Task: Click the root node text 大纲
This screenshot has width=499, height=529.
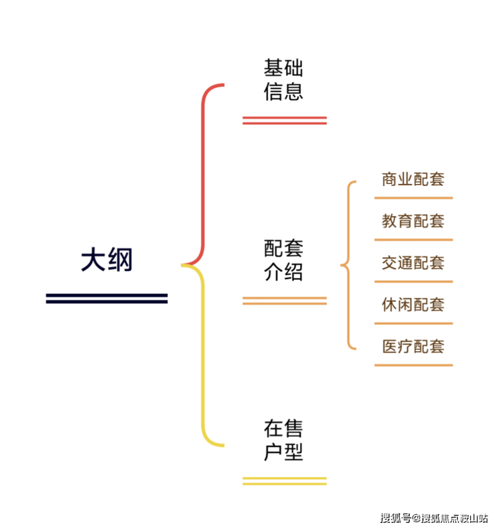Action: click(x=107, y=260)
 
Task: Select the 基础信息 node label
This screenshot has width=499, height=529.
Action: click(x=283, y=80)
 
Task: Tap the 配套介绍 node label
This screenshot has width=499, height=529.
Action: click(x=283, y=261)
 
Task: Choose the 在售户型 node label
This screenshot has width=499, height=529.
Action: click(x=283, y=440)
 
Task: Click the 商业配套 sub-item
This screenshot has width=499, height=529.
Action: click(x=413, y=180)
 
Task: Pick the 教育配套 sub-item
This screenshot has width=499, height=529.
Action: click(x=413, y=221)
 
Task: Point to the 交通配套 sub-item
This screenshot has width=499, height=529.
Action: click(x=413, y=263)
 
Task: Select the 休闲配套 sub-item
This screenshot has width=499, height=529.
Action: click(x=413, y=305)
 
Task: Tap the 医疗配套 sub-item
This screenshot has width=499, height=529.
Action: click(x=413, y=346)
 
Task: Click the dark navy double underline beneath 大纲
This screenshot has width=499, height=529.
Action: click(x=107, y=298)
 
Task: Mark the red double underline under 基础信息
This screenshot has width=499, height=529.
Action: click(x=284, y=121)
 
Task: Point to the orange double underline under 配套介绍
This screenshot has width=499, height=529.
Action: click(x=284, y=301)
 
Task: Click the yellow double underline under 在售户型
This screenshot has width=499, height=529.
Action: click(x=284, y=481)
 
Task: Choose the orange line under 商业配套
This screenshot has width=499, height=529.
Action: click(x=413, y=198)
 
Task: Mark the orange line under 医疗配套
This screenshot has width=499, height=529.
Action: click(x=413, y=365)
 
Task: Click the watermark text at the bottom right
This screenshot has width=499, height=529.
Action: click(x=433, y=518)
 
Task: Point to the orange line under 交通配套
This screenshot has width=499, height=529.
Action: click(x=413, y=282)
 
